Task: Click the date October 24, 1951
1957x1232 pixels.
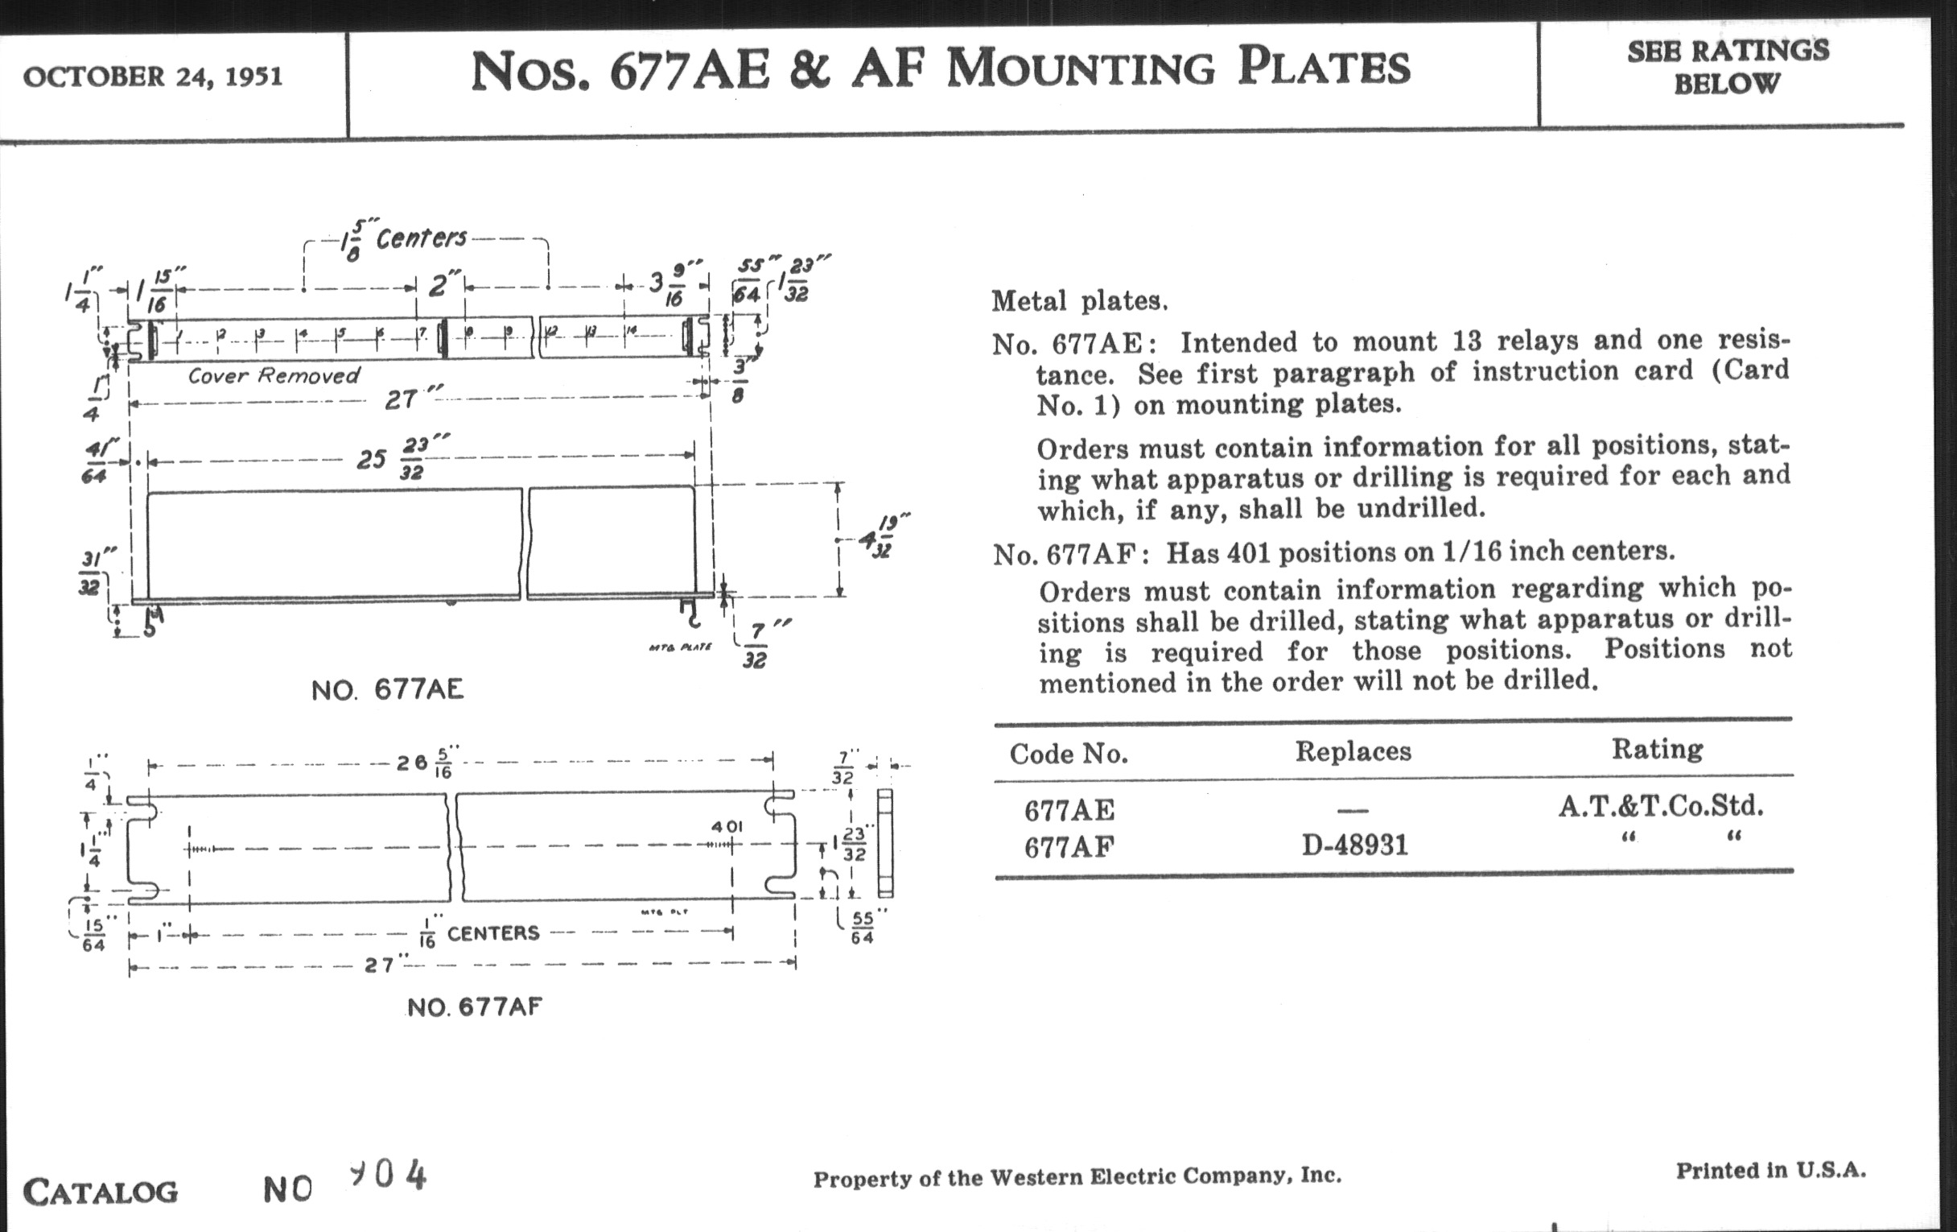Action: (x=153, y=77)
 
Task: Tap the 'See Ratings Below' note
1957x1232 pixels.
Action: (x=1727, y=67)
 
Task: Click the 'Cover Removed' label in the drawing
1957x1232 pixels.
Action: (x=273, y=376)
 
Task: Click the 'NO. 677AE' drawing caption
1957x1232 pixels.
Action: (x=387, y=690)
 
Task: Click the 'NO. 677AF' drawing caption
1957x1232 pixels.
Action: (x=475, y=1007)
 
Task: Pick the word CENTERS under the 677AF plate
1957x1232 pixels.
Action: (x=493, y=932)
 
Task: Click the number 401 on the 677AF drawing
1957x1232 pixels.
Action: (x=727, y=826)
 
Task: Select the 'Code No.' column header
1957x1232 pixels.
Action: (x=1069, y=754)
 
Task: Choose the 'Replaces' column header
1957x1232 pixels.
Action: (x=1353, y=750)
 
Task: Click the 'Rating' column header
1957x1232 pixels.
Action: (x=1657, y=748)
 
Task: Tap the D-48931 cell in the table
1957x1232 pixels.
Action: (x=1355, y=845)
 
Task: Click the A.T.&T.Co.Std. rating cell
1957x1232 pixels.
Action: (x=1660, y=806)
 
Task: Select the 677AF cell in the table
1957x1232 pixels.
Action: (x=1069, y=847)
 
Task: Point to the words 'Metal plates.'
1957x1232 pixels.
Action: (x=1079, y=302)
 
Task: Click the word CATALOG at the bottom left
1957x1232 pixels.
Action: (x=101, y=1193)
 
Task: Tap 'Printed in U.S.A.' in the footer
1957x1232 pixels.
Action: (x=1771, y=1170)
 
